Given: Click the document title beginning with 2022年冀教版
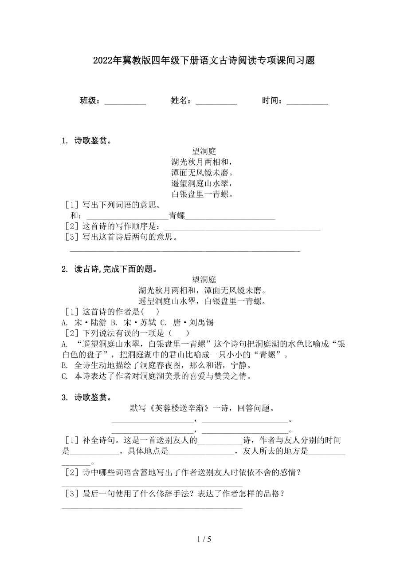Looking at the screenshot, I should (204, 61).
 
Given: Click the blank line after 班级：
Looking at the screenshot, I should (125, 101).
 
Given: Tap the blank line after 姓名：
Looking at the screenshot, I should (216, 101).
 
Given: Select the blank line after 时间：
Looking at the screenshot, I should (307, 101).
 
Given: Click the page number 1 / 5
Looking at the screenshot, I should (204, 539).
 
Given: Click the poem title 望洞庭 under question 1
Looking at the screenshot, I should (204, 151).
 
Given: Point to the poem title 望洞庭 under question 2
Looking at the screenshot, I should (204, 280).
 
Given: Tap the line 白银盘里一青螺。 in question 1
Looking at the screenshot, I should (202, 194).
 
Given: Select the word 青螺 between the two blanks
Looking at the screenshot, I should (177, 216).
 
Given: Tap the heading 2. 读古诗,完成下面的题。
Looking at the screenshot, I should (110, 269).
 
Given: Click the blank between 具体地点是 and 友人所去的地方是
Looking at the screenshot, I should (202, 451).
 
